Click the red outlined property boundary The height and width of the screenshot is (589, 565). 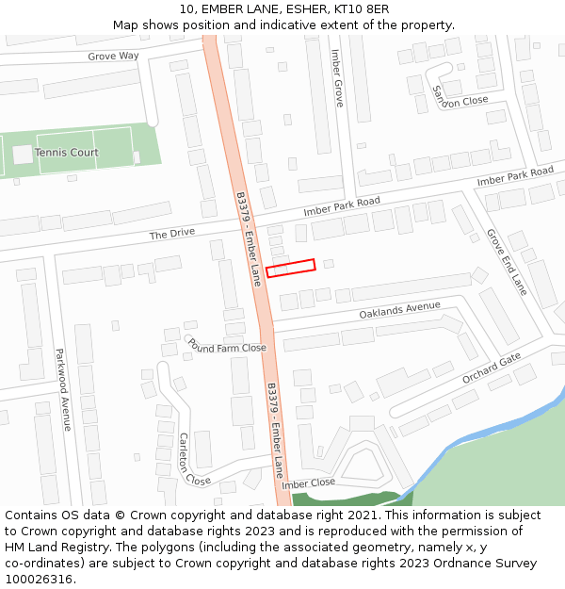pos(290,269)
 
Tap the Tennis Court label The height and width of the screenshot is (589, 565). pos(66,153)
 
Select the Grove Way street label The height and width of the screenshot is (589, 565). pos(113,57)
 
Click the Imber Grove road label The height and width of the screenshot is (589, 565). pos(337,77)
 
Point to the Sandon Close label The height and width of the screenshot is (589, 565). pos(460,95)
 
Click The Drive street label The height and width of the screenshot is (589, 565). pos(170,234)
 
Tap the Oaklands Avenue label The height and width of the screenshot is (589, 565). pos(399,309)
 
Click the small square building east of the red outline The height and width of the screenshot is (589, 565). pos(329,264)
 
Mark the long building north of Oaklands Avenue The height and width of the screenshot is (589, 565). pos(412,286)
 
